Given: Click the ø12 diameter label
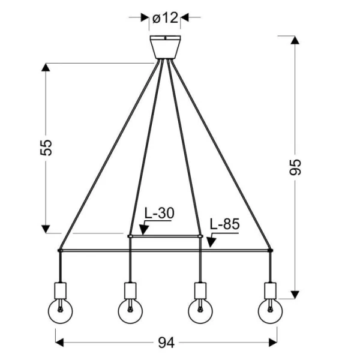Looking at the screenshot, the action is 165,17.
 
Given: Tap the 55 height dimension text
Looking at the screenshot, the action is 46,148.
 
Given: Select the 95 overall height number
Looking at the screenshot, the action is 295,167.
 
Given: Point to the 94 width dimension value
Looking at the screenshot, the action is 166,343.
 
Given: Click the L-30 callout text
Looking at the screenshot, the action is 160,213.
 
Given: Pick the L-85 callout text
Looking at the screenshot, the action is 225,224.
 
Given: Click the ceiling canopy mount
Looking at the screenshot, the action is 166,47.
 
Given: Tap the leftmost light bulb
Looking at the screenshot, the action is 61,311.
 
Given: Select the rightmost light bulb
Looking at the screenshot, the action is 270,311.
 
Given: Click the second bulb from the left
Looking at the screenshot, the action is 130,311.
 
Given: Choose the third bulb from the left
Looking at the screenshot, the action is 200,311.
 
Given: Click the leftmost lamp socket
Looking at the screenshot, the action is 61,291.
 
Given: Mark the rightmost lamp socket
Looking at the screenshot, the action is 270,291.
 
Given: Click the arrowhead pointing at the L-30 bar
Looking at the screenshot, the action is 144,230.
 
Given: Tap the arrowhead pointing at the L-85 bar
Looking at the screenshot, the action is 211,242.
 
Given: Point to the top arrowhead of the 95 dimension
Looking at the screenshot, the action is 295,40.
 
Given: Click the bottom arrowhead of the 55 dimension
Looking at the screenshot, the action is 46,229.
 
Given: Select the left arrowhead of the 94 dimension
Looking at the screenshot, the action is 59,343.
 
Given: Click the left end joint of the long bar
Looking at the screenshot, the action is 60,250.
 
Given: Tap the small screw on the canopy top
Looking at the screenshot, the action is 166,38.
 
